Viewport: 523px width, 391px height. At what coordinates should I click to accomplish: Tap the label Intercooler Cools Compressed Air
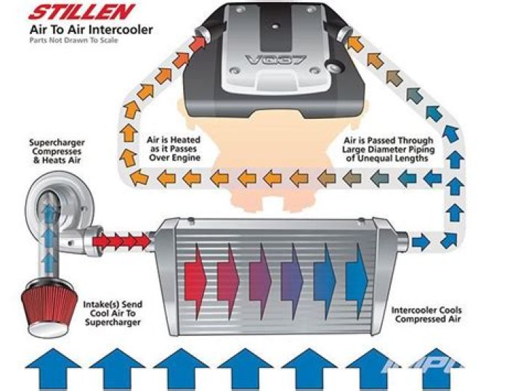(x=426, y=316)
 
